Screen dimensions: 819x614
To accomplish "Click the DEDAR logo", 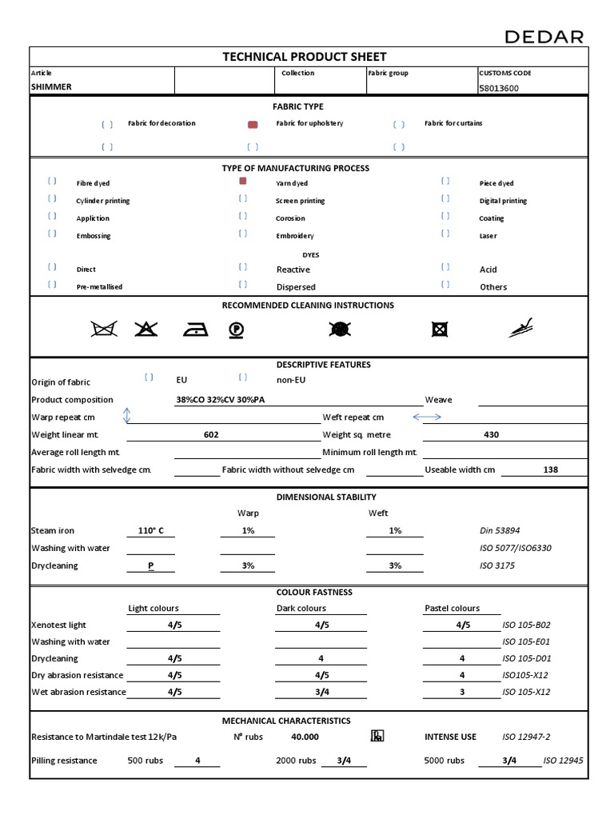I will coord(544,37).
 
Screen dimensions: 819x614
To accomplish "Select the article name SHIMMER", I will coord(51,87).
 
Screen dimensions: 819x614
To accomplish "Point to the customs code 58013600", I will coord(498,88).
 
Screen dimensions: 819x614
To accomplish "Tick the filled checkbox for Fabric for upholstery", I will coord(253,124).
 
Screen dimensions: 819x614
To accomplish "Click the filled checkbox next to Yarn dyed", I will coord(243,182).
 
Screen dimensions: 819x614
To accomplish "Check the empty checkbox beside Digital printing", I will coord(445,199).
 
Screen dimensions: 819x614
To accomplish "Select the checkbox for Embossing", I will coord(52,234).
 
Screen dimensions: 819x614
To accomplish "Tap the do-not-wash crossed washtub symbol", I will coord(104,329).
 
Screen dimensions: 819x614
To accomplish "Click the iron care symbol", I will coord(195,330).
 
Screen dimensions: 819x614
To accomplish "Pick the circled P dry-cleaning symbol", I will coord(235,330).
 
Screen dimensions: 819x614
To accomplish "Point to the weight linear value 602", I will coord(211,435).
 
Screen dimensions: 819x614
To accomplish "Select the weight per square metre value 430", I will coord(491,435).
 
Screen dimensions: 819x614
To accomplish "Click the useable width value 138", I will coord(550,470).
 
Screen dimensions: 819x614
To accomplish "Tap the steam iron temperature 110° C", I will coord(150,531).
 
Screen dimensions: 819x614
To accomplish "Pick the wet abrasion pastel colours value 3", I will coord(462,693).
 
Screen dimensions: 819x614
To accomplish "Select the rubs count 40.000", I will coord(305,737).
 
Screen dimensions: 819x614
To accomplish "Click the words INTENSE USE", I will coord(450,737).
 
